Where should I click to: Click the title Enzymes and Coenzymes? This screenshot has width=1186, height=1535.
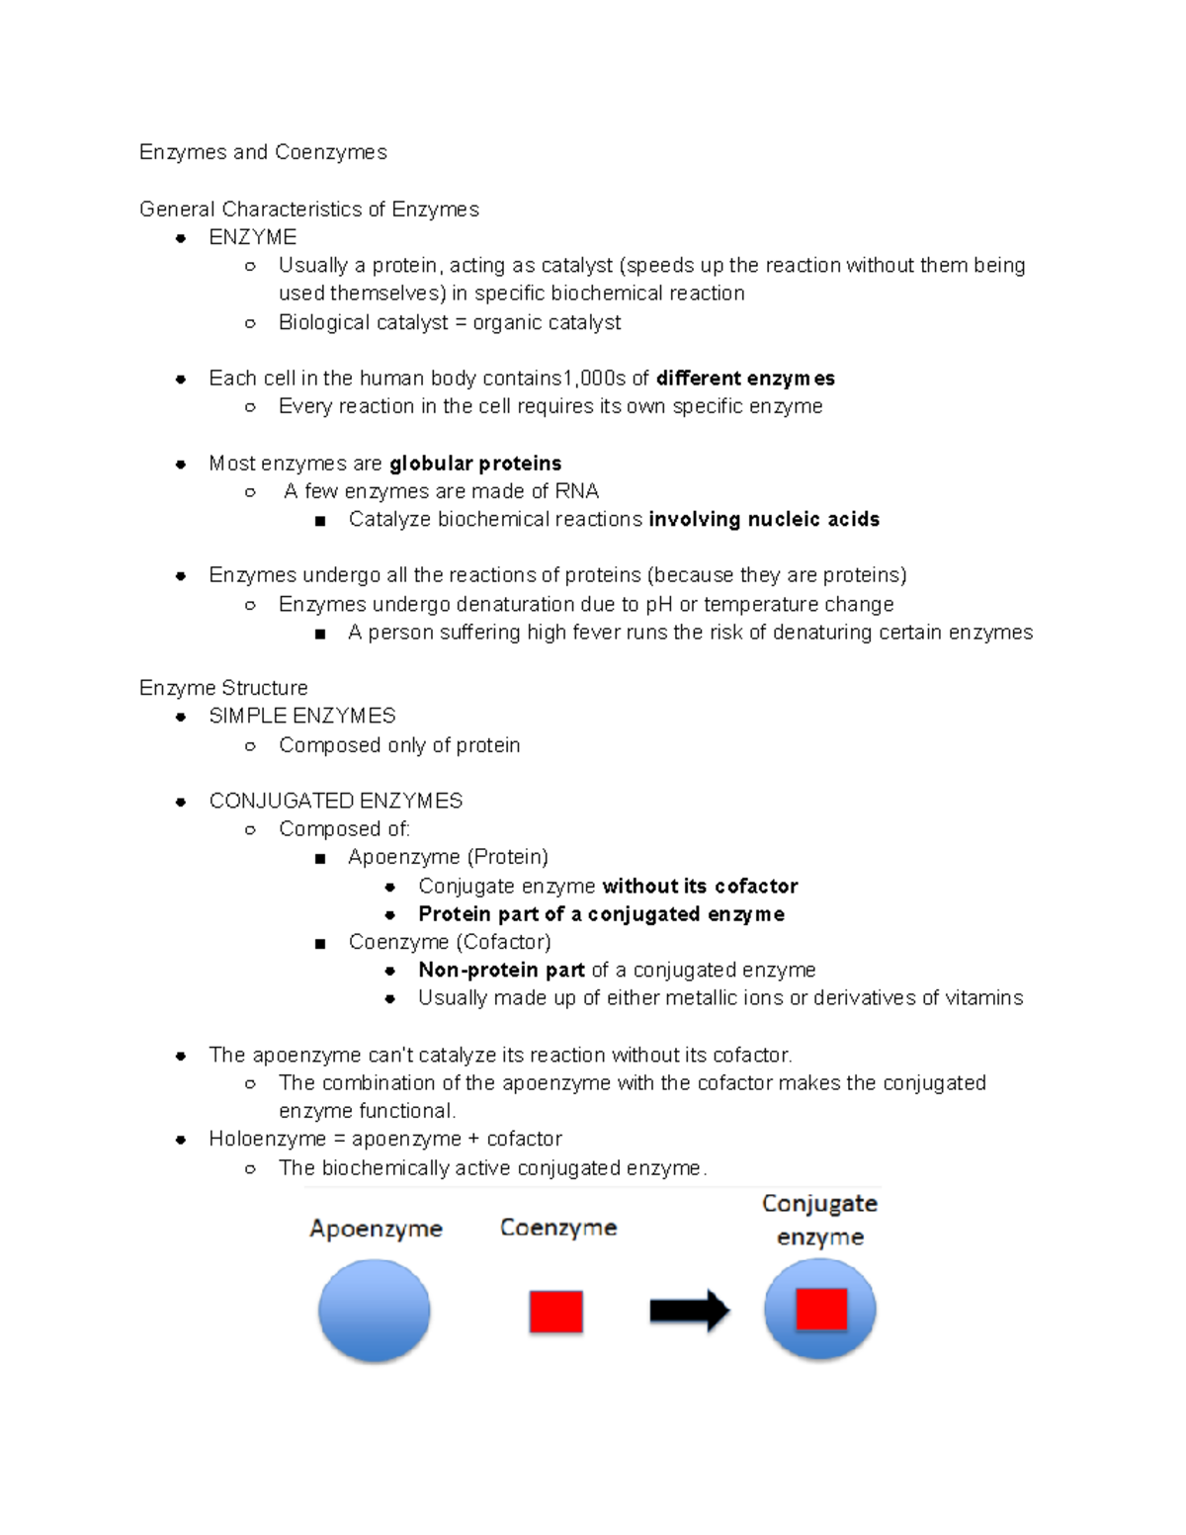pos(263,152)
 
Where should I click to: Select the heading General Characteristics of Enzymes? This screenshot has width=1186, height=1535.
pos(308,210)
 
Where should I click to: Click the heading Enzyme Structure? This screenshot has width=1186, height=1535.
pos(223,688)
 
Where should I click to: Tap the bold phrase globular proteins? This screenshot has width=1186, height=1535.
pos(475,464)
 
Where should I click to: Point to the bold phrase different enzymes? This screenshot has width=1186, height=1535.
pos(745,379)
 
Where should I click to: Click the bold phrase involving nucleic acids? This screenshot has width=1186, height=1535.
pos(764,520)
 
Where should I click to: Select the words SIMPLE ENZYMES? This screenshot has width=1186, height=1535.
pos(302,716)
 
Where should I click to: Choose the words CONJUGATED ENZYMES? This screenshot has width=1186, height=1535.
pos(336,801)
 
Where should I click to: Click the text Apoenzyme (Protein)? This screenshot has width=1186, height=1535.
pos(448,857)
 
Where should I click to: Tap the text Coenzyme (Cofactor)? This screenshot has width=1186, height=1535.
pos(450,942)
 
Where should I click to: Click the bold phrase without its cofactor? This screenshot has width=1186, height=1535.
pos(700,887)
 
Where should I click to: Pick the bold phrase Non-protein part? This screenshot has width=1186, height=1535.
pos(501,971)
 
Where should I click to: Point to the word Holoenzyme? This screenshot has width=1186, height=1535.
pos(267,1140)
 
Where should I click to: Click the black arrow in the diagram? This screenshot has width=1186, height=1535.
pos(689,1312)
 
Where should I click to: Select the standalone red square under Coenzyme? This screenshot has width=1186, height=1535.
pos(555,1313)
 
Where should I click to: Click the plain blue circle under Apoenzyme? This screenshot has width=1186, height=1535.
pos(374,1311)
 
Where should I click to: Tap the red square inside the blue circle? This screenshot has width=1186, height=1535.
pos(821,1310)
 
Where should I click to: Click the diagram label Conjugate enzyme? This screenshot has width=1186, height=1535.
pos(819,1220)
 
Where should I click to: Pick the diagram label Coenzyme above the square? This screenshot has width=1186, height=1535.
pos(558,1228)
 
